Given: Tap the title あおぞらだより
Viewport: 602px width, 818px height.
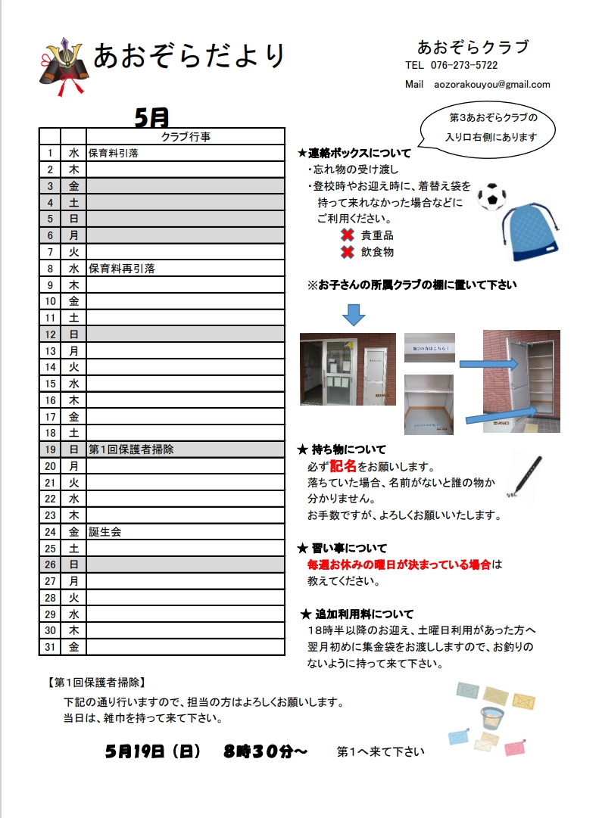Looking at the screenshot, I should pyautogui.click(x=190, y=56).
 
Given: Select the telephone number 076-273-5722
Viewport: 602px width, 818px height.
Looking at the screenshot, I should pyautogui.click(x=463, y=66).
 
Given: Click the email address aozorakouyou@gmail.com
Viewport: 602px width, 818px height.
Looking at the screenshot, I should pyautogui.click(x=492, y=85).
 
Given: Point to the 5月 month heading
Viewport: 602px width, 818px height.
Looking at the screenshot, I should pyautogui.click(x=151, y=117).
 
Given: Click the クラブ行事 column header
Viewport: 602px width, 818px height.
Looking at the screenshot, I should pyautogui.click(x=186, y=137).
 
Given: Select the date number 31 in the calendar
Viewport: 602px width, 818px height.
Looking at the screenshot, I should pyautogui.click(x=50, y=647).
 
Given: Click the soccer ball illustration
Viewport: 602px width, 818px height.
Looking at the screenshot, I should pyautogui.click(x=492, y=197).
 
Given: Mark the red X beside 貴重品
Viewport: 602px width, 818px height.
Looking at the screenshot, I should pyautogui.click(x=348, y=235).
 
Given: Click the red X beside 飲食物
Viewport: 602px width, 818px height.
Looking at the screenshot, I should pyautogui.click(x=348, y=252).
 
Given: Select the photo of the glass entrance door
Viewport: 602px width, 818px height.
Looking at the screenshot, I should pyautogui.click(x=348, y=369).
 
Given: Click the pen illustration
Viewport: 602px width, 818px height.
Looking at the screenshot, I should pyautogui.click(x=525, y=476).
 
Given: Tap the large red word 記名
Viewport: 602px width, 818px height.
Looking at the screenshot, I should pyautogui.click(x=343, y=466).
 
